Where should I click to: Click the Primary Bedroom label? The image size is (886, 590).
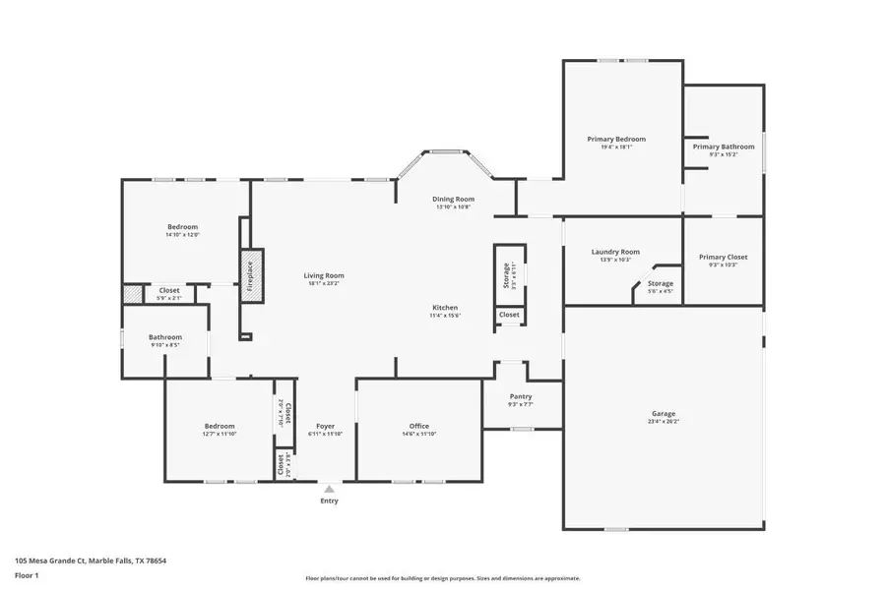pyautogui.click(x=616, y=140)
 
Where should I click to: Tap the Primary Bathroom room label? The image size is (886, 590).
pyautogui.click(x=724, y=147)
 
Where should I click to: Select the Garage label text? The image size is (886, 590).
pyautogui.click(x=664, y=414)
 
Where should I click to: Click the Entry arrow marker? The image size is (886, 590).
pyautogui.click(x=329, y=488)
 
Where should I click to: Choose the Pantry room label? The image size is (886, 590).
pyautogui.click(x=521, y=396)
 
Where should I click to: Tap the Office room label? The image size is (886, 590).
pyautogui.click(x=418, y=427)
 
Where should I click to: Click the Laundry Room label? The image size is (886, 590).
pyautogui.click(x=615, y=252)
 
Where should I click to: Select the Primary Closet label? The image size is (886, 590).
pyautogui.click(x=724, y=258)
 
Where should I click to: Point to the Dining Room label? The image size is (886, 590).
pyautogui.click(x=453, y=199)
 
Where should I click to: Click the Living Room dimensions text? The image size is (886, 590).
pyautogui.click(x=323, y=283)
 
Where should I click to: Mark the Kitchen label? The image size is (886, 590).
pyautogui.click(x=444, y=308)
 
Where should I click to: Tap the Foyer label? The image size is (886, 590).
pyautogui.click(x=325, y=427)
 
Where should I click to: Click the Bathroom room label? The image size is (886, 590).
pyautogui.click(x=165, y=337)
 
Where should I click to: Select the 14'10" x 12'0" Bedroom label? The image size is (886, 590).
pyautogui.click(x=182, y=227)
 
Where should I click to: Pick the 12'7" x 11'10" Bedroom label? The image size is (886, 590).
pyautogui.click(x=219, y=427)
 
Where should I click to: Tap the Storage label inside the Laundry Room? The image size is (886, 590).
pyautogui.click(x=660, y=283)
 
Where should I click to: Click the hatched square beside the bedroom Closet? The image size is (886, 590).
pyautogui.click(x=133, y=293)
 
